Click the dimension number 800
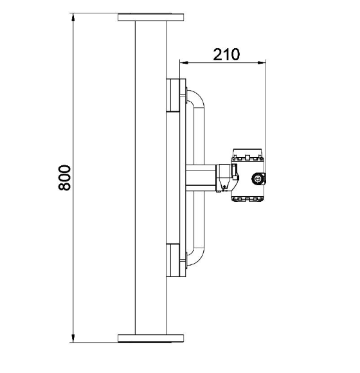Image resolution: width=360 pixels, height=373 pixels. pyautogui.click(x=64, y=177)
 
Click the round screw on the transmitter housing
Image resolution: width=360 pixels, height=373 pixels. pyautogui.click(x=258, y=179)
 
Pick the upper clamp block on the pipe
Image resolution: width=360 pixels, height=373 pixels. pyautogui.click(x=175, y=95)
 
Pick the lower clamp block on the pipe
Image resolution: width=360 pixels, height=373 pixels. pyautogui.click(x=175, y=259)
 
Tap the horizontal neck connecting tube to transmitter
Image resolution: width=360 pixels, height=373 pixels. pyautogui.click(x=201, y=177)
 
